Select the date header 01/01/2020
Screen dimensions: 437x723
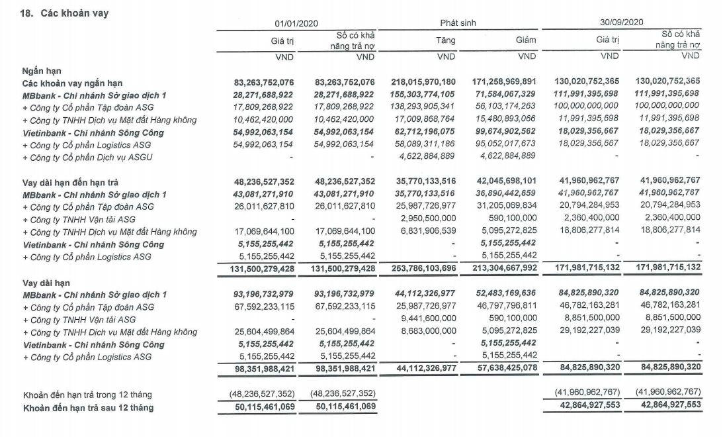pos(296,23)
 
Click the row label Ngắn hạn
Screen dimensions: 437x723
pos(42,70)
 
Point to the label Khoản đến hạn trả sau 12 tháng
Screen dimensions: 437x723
pos(88,408)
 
